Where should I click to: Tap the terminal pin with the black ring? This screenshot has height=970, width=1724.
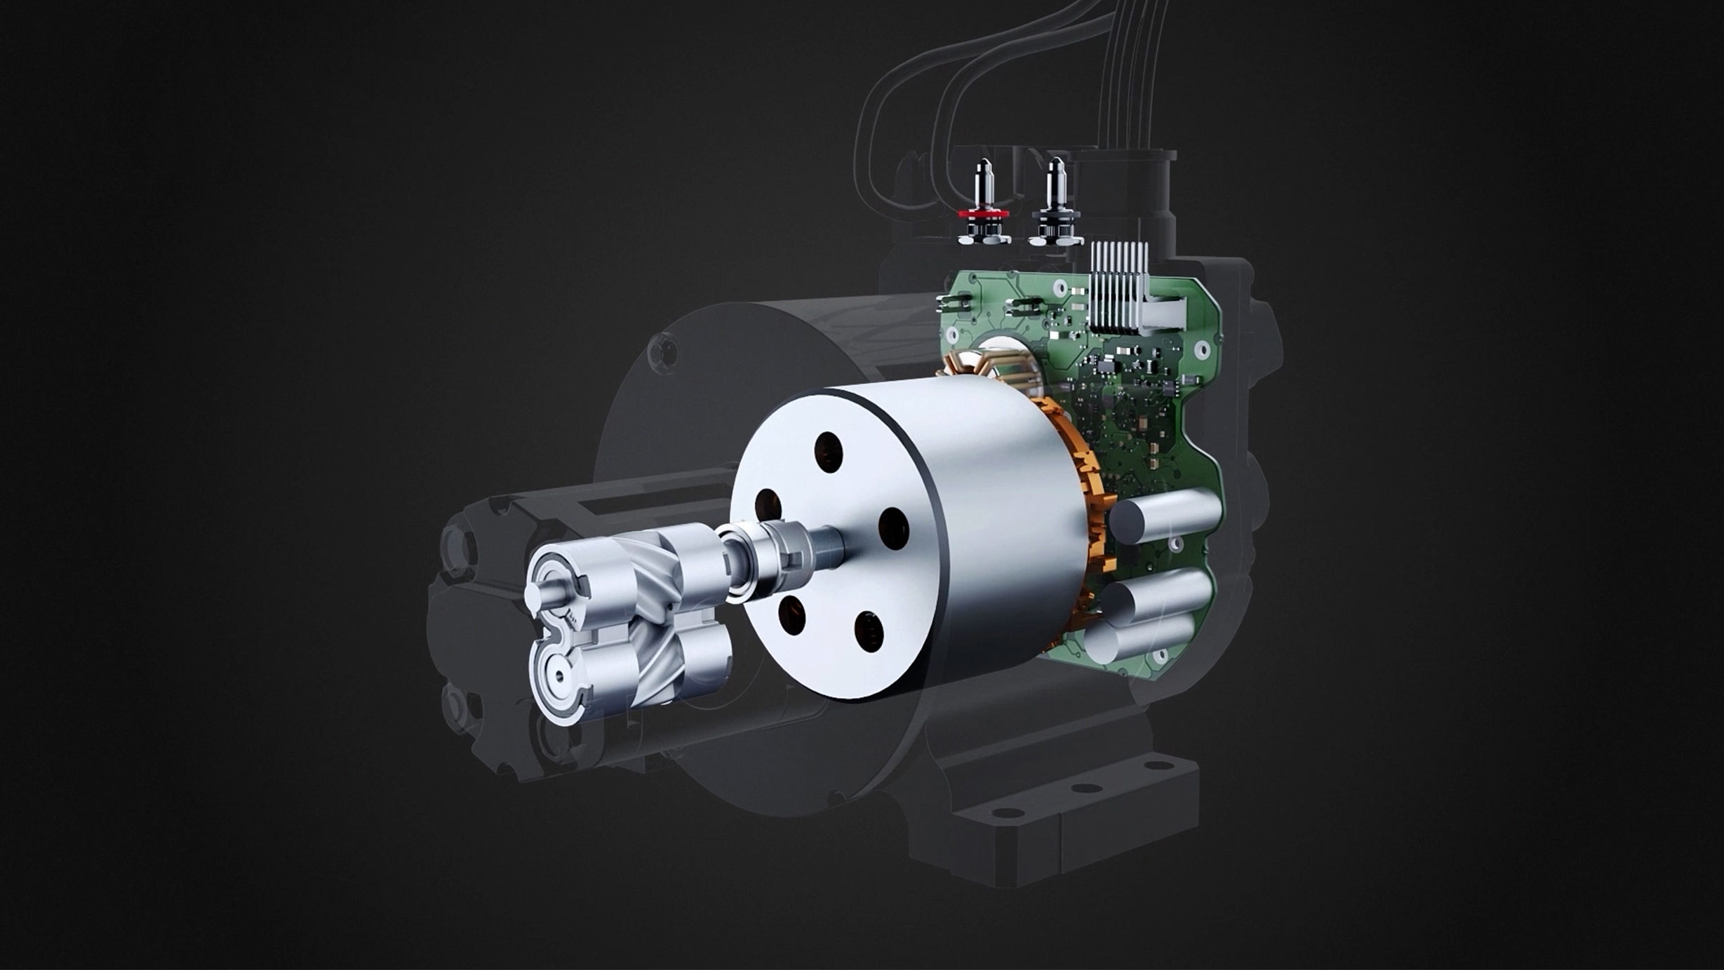click(1055, 203)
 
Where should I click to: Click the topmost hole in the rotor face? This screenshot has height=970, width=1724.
click(828, 452)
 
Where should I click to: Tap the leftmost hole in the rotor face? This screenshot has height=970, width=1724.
click(768, 506)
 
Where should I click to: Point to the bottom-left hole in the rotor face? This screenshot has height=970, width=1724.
click(791, 614)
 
